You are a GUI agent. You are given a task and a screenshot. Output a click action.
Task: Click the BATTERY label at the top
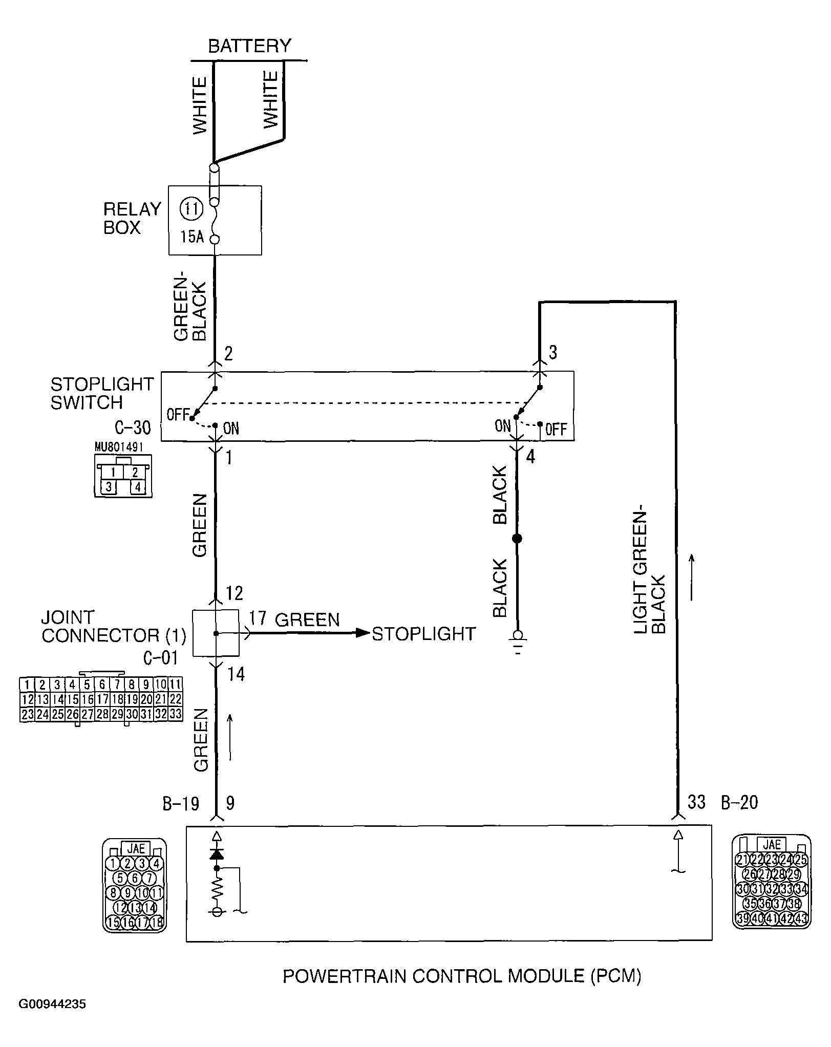[249, 46]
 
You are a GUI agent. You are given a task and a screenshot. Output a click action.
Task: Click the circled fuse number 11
[191, 209]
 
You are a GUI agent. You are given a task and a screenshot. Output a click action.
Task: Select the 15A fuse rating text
[191, 237]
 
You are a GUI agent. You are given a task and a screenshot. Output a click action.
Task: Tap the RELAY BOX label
[132, 218]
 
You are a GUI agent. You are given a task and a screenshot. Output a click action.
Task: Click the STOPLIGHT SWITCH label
[101, 393]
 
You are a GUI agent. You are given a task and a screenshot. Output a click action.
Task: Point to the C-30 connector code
[133, 428]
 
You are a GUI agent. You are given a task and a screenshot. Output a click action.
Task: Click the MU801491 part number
[119, 447]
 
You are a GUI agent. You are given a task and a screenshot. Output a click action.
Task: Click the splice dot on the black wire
[517, 539]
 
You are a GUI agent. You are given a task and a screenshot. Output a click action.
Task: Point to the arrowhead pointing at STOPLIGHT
[363, 633]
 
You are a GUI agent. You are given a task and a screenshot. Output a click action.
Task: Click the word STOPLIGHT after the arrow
[423, 634]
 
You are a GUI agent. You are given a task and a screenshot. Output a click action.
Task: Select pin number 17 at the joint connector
[258, 618]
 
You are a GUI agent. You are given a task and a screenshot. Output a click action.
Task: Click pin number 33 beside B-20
[696, 802]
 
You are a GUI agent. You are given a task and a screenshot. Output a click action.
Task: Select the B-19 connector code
[180, 803]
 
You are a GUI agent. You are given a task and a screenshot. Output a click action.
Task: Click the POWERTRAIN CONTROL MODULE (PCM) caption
[462, 976]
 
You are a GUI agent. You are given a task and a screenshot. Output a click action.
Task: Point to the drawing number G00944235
[52, 1018]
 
